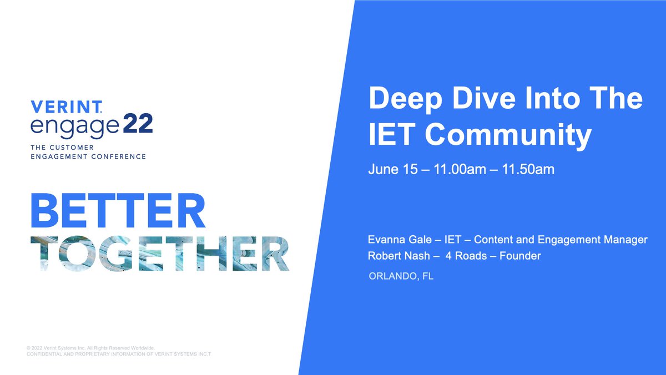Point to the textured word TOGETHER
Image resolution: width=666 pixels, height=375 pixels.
[x=160, y=254]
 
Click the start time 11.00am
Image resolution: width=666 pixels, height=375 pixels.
[x=460, y=169]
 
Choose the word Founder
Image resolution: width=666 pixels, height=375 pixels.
[x=520, y=256]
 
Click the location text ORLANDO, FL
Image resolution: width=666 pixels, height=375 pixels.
[x=401, y=276]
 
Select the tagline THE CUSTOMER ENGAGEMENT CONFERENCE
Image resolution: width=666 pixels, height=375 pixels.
[x=88, y=152]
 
